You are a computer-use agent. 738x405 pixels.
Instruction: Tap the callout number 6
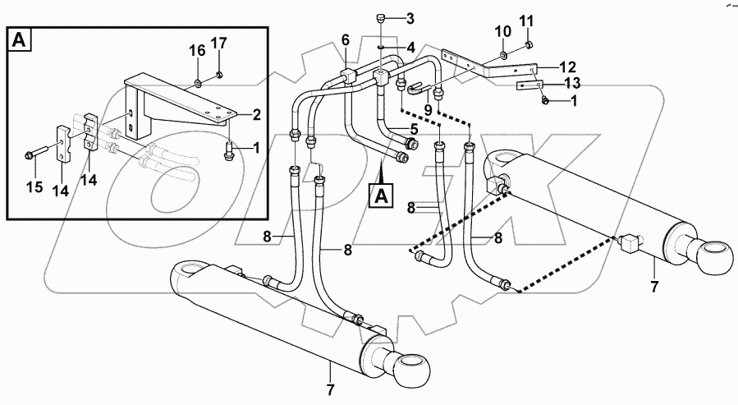pos(345,40)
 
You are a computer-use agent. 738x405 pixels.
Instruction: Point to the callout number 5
pos(414,130)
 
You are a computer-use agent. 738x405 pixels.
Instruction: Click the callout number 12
pos(568,66)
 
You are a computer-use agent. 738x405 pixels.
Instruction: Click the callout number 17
pos(219,43)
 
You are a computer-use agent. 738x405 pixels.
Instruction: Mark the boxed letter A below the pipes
pos(382,196)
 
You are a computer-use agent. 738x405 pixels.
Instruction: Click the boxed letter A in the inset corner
pos(18,41)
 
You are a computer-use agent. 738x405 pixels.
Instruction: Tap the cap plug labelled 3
pos(382,18)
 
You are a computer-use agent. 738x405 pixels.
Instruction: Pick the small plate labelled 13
pos(529,85)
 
